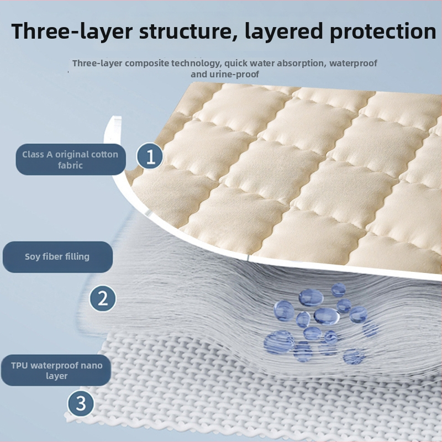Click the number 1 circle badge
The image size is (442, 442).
(x=150, y=156)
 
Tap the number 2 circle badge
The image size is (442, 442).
(x=102, y=298)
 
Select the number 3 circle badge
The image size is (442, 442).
(x=81, y=403)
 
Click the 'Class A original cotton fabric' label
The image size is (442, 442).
(x=71, y=160)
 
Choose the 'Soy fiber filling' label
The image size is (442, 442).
(x=57, y=257)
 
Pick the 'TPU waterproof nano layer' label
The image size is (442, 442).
(x=56, y=370)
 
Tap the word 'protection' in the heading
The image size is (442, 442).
(x=383, y=31)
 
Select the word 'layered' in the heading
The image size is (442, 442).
(x=283, y=31)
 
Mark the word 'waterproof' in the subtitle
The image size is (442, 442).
(x=353, y=64)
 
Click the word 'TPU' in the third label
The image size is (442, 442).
(x=19, y=365)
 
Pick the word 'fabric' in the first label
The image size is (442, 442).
(x=70, y=165)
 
